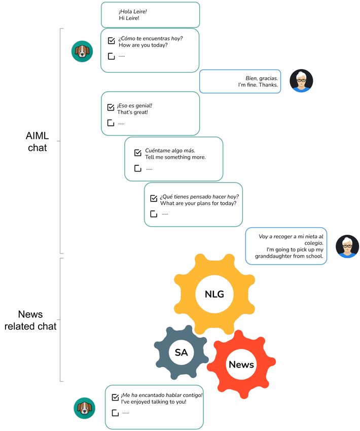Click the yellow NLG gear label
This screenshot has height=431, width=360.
(214, 294)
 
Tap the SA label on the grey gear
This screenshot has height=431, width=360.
(181, 352)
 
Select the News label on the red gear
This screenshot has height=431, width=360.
(241, 365)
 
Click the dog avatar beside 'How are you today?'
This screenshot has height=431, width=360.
(82, 51)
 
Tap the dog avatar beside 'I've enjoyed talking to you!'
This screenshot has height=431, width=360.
(84, 408)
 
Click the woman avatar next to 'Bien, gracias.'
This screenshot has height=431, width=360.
(301, 81)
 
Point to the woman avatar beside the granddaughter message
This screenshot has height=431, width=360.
(347, 246)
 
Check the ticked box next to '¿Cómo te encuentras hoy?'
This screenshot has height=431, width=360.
(112, 41)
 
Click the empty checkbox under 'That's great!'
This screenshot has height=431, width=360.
(111, 123)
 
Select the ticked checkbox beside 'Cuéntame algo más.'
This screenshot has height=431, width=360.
(138, 153)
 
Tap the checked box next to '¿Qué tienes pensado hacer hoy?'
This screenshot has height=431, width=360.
(154, 198)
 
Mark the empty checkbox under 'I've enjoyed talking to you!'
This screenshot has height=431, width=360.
(115, 413)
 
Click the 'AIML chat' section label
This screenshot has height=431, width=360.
(38, 141)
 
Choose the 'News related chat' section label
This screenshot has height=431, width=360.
(30, 320)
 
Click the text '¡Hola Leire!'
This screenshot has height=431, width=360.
(133, 12)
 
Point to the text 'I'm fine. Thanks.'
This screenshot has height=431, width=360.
(258, 85)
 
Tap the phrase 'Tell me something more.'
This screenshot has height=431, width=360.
(175, 157)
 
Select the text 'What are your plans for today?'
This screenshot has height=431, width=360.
(198, 203)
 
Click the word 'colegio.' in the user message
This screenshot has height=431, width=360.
(314, 243)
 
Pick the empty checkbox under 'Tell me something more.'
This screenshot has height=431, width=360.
(138, 168)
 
